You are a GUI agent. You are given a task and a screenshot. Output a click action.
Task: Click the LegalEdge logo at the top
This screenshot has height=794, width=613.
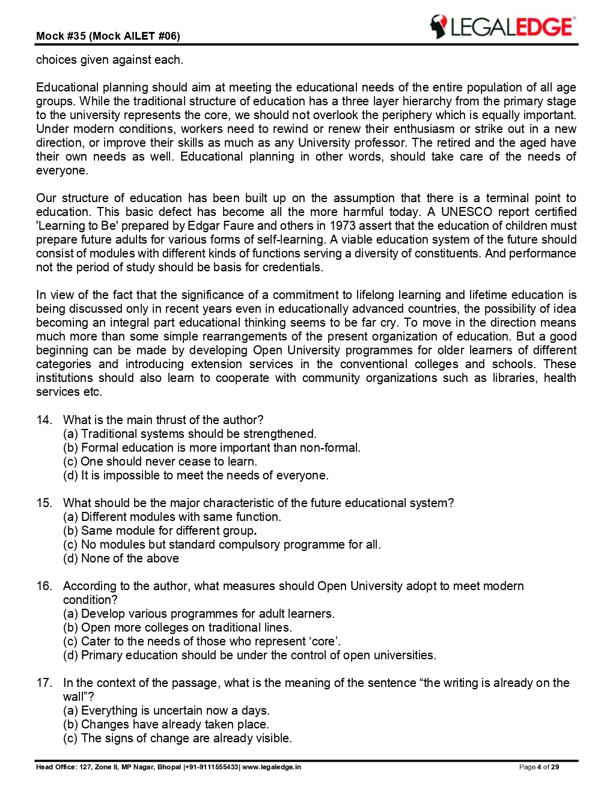click(502, 27)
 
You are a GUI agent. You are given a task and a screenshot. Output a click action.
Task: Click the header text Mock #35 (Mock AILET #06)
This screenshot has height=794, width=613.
click(108, 36)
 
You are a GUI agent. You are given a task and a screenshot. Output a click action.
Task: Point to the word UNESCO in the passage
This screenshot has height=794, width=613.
click(467, 212)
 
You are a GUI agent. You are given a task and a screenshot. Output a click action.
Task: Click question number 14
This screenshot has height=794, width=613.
click(44, 420)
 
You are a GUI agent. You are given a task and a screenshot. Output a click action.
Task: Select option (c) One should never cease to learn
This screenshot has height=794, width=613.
click(160, 461)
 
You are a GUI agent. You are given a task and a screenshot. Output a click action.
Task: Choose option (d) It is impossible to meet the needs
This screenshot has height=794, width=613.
click(195, 475)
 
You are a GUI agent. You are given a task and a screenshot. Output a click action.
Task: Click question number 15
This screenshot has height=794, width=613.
click(44, 503)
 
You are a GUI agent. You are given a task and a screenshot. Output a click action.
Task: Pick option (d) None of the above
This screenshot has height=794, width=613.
click(121, 558)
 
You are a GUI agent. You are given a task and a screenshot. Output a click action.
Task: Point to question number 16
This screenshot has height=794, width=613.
click(44, 586)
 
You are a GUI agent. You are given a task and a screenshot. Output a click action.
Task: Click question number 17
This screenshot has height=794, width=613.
click(44, 683)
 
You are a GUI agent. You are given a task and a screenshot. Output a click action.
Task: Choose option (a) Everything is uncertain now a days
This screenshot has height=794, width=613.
click(166, 710)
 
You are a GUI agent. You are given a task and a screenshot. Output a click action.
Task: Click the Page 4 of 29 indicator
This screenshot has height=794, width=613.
click(539, 767)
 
